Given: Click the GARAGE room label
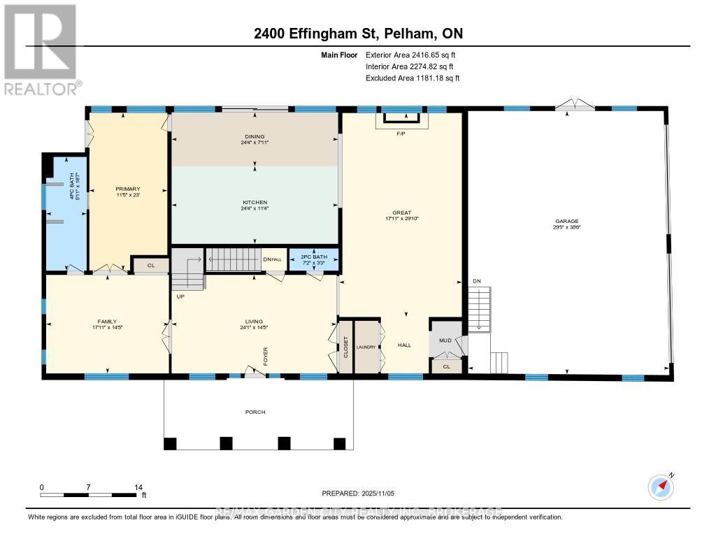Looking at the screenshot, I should [568, 221].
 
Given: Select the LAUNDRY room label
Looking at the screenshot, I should [366, 347].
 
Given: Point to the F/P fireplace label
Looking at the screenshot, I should [401, 134].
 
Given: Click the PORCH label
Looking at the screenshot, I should [255, 412].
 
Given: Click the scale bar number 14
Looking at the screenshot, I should [138, 487].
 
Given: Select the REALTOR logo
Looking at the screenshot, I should [41, 50].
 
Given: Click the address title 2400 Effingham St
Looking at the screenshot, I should [358, 34].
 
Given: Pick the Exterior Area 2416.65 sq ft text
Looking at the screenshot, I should [411, 55].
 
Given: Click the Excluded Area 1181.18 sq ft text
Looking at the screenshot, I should [413, 78].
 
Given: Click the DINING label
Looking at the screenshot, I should [255, 137].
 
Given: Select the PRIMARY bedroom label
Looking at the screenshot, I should [128, 189].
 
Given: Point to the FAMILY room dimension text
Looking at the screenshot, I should [107, 327].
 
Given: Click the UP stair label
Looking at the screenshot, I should [180, 296].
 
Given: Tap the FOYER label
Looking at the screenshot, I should [266, 355].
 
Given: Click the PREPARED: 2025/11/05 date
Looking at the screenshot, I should [358, 493].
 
